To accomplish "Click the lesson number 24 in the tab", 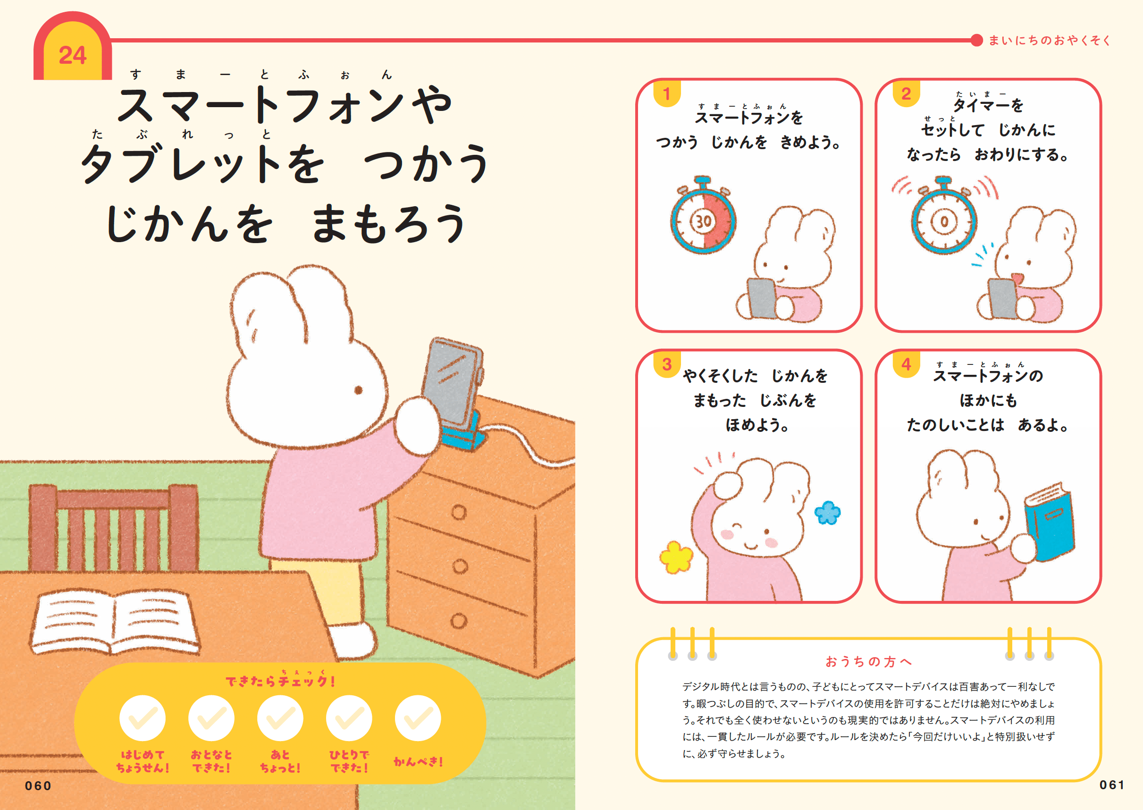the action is pos(73,55).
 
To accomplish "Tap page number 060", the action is pos(38,785).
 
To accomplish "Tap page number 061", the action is pos(1111,785).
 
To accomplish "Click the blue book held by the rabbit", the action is pos(1049,522).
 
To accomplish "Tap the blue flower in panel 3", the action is pos(827,513).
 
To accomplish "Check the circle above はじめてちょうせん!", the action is pos(143,718).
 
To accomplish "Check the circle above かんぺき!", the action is pos(418,718).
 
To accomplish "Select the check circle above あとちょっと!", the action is pos(280,718).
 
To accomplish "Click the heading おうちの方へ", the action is pos(869,661).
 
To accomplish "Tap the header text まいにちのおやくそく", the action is pos(1049,41).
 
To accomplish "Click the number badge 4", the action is pos(906,364).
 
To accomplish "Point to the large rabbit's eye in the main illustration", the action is pos(358,389).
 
